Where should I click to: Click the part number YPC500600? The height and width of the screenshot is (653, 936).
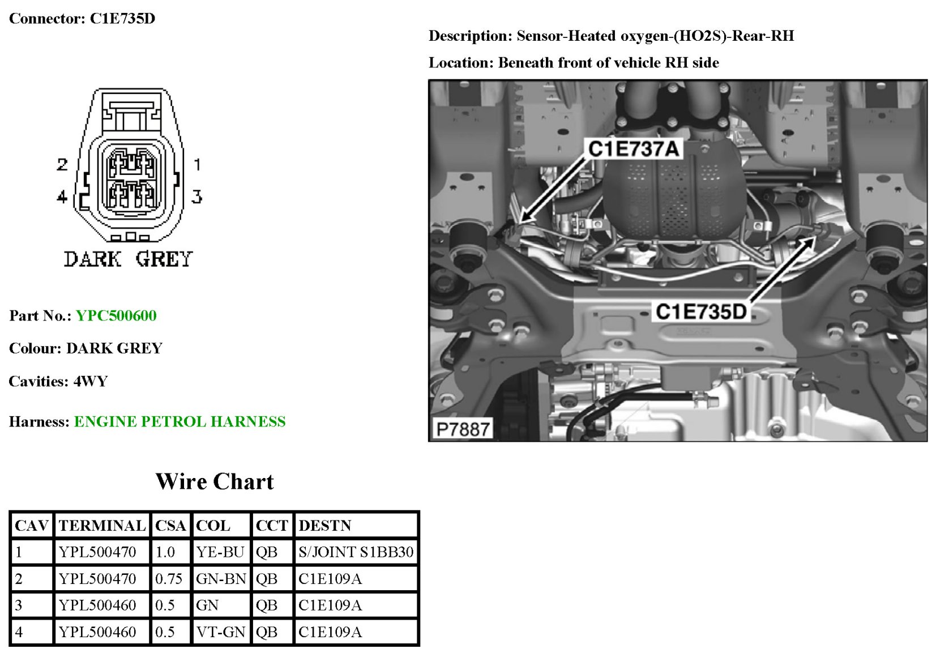pos(116,315)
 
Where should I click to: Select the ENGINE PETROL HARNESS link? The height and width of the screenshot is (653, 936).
pos(179,421)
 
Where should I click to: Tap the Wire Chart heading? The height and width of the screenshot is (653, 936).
pos(215,481)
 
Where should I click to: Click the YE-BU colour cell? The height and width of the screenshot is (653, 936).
pos(220,552)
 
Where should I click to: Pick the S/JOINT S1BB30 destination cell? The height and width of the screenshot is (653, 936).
pos(356,552)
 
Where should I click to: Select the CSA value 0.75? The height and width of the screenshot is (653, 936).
pos(169,578)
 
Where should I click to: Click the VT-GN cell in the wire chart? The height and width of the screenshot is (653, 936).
pos(220,631)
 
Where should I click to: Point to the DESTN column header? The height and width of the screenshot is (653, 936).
pos(325,526)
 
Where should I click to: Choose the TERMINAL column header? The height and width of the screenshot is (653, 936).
pos(102,526)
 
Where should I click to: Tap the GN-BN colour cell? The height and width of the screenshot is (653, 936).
pos(221,578)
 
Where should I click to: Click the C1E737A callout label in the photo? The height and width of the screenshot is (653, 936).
pos(634,149)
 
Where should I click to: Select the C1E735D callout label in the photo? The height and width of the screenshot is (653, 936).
pos(701,311)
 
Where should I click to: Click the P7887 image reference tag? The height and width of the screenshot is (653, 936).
pos(463,429)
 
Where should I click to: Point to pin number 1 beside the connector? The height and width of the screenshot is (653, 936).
pos(197,164)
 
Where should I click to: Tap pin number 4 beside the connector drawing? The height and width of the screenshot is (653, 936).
pos(62,197)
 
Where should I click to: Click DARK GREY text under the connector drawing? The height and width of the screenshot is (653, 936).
pos(129,259)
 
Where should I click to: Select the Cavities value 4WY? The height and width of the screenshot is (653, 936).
pos(91,381)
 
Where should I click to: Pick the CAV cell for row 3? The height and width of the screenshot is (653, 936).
pos(19,605)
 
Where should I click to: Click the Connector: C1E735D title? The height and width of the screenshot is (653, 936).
pos(82,18)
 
